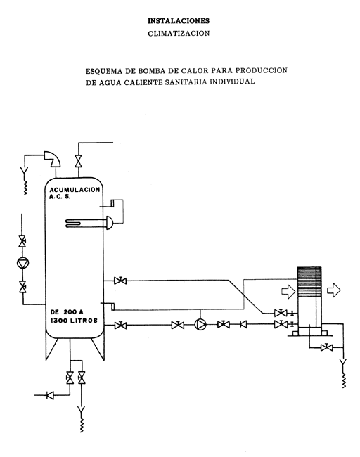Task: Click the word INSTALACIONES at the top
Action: coord(179,21)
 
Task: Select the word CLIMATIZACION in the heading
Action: coord(179,34)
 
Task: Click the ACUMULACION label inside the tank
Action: coord(75,190)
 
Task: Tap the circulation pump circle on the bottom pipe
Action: coord(200,324)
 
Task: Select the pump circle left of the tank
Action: coord(22,264)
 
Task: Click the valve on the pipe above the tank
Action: coord(78,161)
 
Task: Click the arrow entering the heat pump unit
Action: coord(288,291)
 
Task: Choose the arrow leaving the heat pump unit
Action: coord(334,290)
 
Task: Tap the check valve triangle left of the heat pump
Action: coord(243,324)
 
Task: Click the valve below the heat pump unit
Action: coord(327,347)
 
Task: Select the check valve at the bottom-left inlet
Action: coord(50,396)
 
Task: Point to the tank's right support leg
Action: coord(98,349)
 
